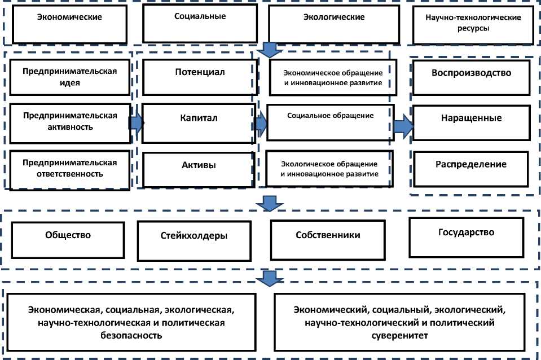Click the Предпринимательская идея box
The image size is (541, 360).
point(70,77)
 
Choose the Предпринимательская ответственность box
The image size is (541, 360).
point(70,168)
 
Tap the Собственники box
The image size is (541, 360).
point(327,239)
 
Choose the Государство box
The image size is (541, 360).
point(466,236)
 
